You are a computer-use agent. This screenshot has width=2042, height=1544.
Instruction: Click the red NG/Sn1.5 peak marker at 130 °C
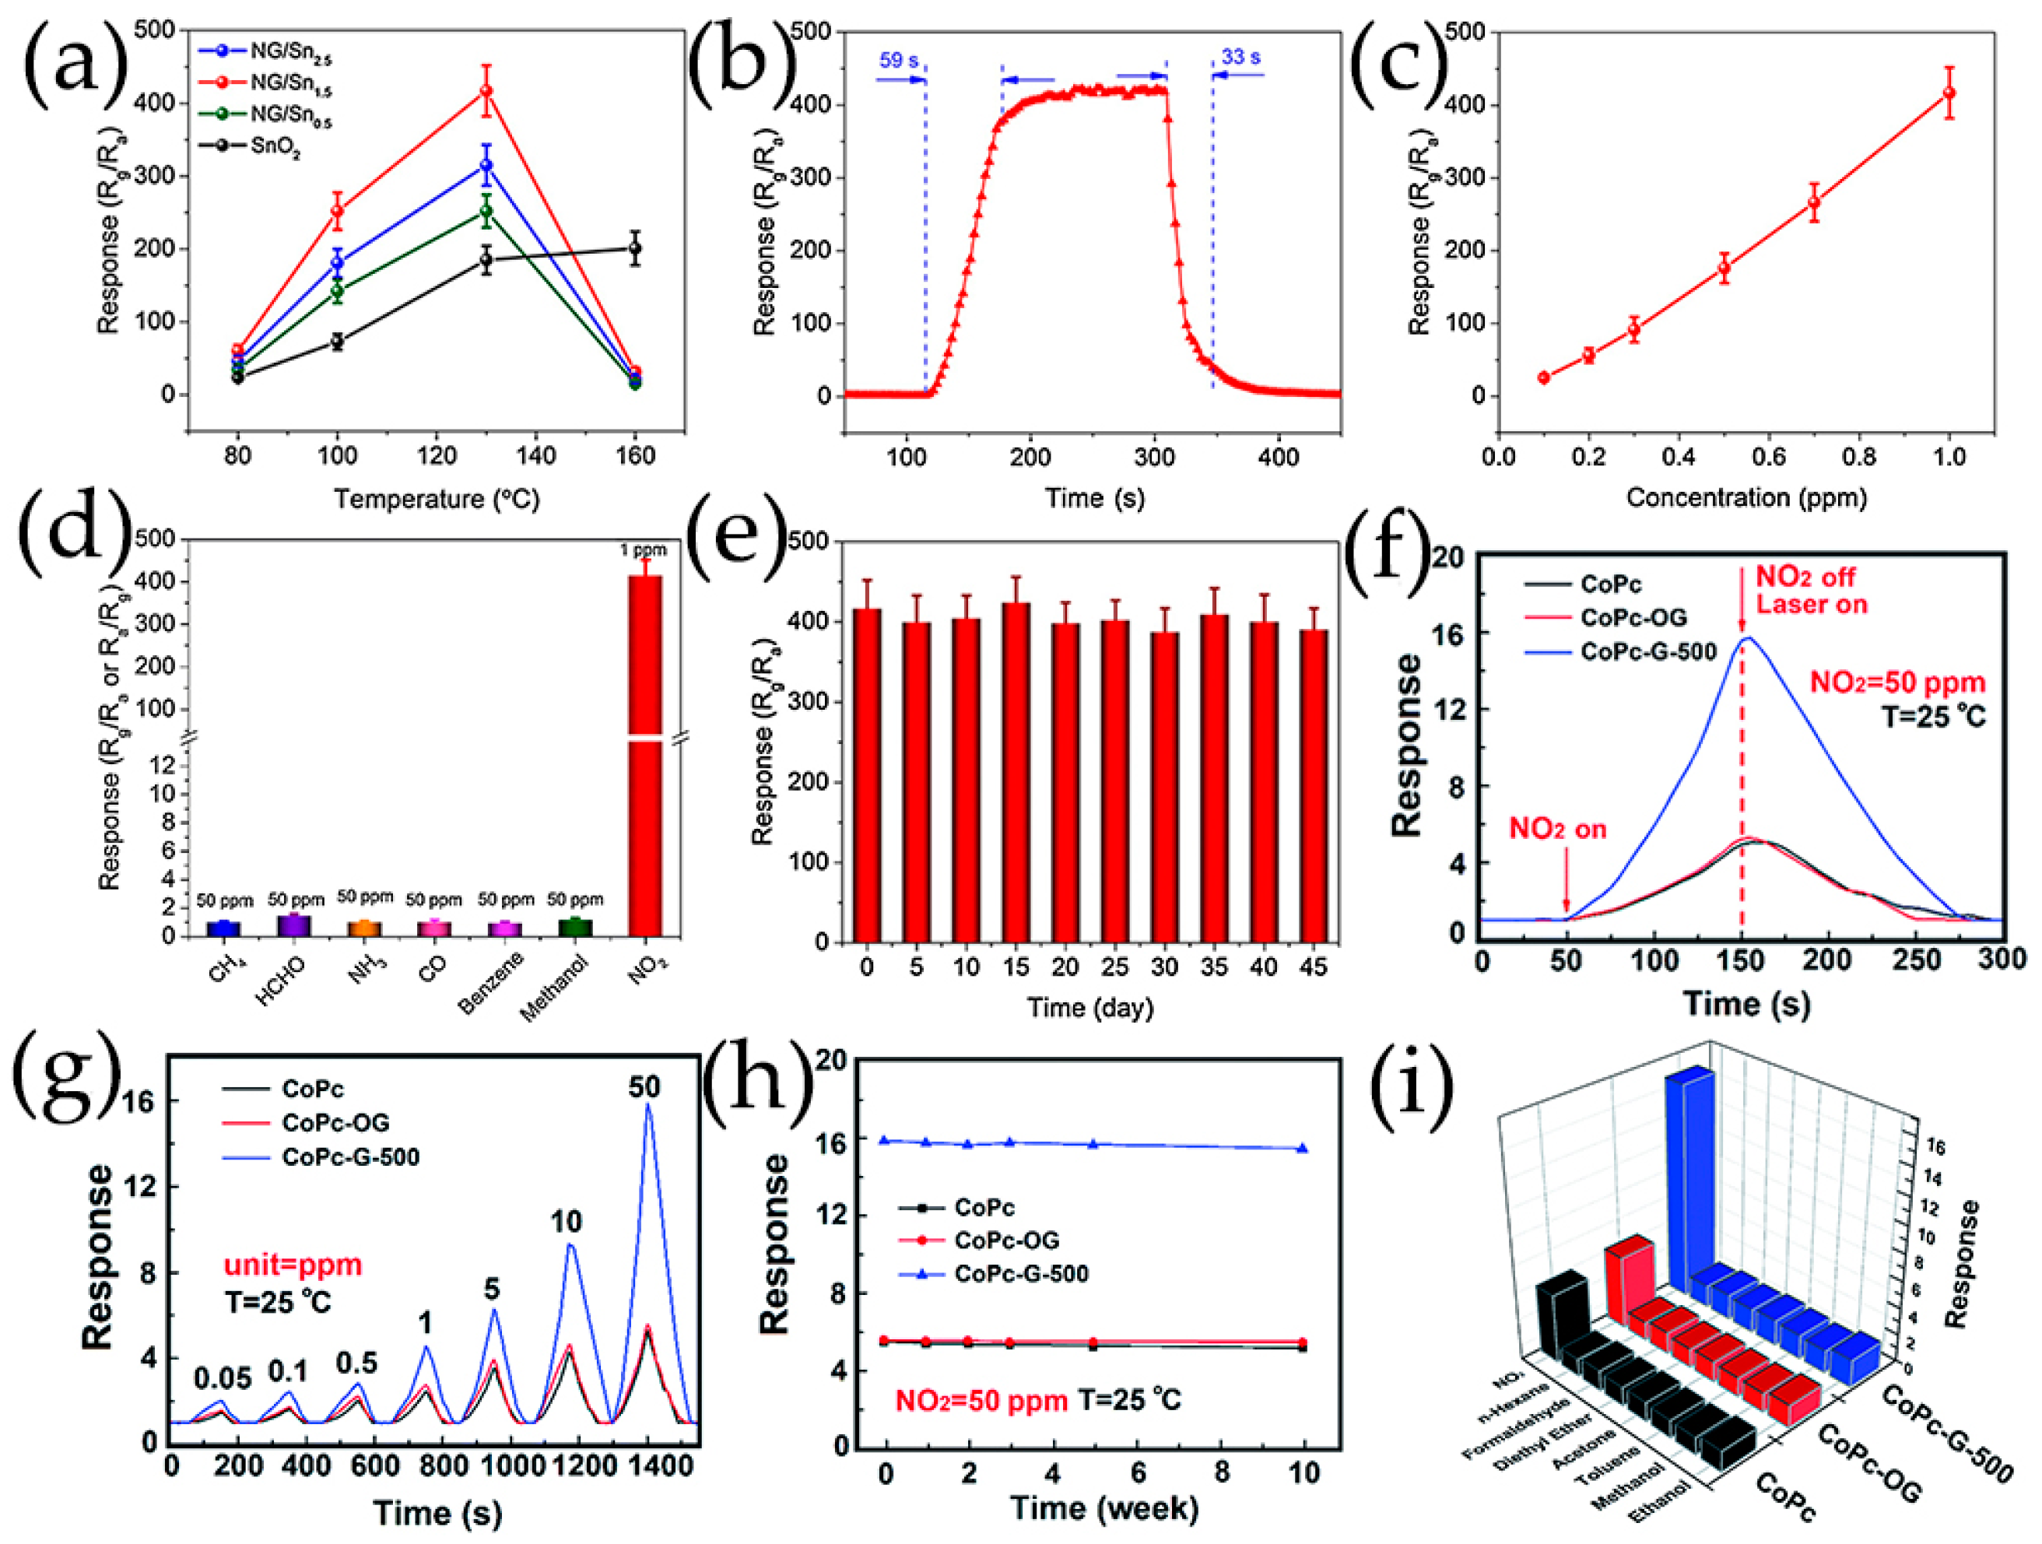[486, 90]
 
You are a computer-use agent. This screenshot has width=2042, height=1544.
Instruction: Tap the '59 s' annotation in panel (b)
[898, 60]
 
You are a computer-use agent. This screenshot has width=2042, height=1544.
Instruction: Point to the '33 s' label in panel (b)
[1240, 58]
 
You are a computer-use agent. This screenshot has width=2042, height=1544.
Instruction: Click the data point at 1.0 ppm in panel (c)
[1949, 93]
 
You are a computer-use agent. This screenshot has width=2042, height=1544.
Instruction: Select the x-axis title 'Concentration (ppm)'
[1746, 498]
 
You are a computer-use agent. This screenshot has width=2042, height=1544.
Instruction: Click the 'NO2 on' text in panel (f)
[1557, 830]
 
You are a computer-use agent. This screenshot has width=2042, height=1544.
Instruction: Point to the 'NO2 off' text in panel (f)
[1805, 577]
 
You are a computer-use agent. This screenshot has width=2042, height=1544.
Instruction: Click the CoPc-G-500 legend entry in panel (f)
[1647, 652]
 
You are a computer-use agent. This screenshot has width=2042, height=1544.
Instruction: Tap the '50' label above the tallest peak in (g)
[645, 1087]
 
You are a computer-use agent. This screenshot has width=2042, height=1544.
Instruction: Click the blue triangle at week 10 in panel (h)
[1303, 1148]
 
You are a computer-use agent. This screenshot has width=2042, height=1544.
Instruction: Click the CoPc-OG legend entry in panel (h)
[1006, 1240]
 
